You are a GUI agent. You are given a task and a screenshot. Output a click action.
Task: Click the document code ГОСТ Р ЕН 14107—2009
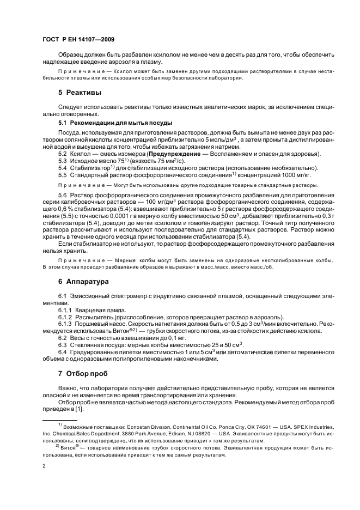click(x=78, y=40)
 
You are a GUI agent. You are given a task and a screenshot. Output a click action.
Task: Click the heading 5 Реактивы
click(x=79, y=93)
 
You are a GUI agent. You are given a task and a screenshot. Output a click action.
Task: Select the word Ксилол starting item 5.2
click(x=82, y=154)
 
